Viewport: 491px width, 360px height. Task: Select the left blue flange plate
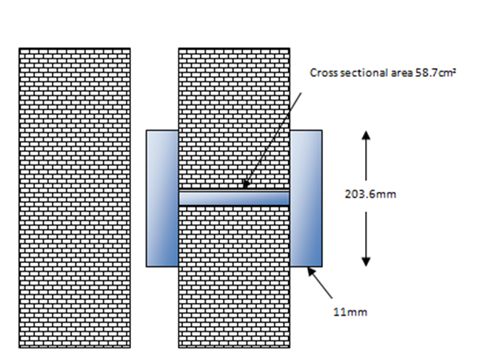click(161, 198)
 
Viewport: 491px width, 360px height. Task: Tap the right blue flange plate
click(305, 198)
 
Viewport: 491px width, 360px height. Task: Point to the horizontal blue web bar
click(233, 198)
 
